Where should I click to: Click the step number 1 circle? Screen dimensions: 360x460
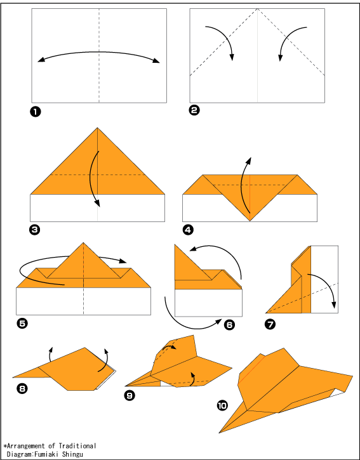point(35,112)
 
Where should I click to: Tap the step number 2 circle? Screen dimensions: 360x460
point(194,110)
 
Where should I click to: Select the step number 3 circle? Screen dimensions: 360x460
point(34,230)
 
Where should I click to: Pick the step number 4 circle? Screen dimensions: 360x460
point(188,230)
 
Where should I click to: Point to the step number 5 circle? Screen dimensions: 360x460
point(22,324)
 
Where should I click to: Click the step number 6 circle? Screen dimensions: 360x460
point(229,324)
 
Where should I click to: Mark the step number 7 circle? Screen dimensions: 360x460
point(270,324)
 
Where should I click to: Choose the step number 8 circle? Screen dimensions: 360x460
point(22,389)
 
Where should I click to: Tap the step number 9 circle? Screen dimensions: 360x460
point(130,395)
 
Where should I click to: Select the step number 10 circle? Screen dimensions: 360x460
point(222,405)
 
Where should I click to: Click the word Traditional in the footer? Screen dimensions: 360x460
point(77,446)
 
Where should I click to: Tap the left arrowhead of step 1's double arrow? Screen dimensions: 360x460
point(41,60)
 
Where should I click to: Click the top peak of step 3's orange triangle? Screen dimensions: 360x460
point(98,128)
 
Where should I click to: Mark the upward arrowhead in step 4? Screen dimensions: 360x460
point(250,160)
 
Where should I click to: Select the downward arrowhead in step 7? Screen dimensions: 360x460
point(334,305)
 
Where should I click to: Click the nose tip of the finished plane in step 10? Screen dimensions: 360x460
point(220,433)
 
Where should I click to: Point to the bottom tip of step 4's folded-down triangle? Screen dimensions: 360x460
point(250,221)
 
